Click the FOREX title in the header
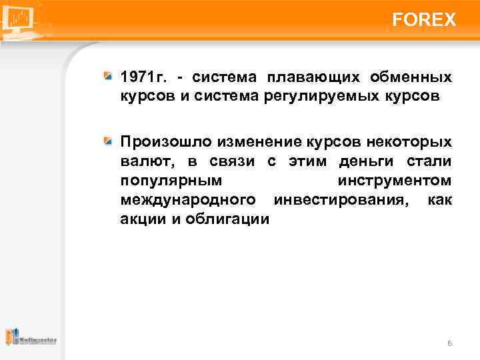coord(424,20)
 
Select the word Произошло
coord(159,143)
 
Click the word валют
coord(140,162)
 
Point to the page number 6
coord(449,343)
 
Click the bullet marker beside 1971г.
coord(108,78)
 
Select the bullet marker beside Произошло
coord(108,143)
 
